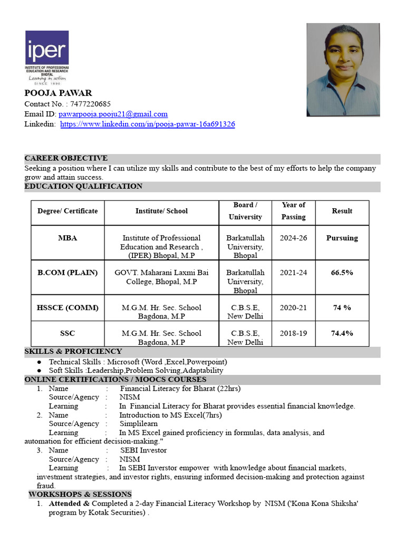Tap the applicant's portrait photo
pos(343,69)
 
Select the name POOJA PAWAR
pos(58,93)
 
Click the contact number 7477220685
pos(90,104)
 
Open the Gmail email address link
pos(113,114)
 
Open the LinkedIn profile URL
pos(148,124)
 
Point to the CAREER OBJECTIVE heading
pos(66,158)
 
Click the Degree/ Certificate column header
pos(67,211)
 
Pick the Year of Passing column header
pos(293,211)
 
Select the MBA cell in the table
pos(67,238)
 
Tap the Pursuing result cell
pos(342,238)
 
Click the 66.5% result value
pos(342,273)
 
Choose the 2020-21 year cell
pos(293,307)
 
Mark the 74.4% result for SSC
pos(342,333)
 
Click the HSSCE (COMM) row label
pos(67,307)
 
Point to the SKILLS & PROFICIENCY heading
pos(73,351)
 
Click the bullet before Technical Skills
pos(40,362)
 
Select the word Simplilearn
pos(139,424)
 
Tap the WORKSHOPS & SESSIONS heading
pos(80,494)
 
